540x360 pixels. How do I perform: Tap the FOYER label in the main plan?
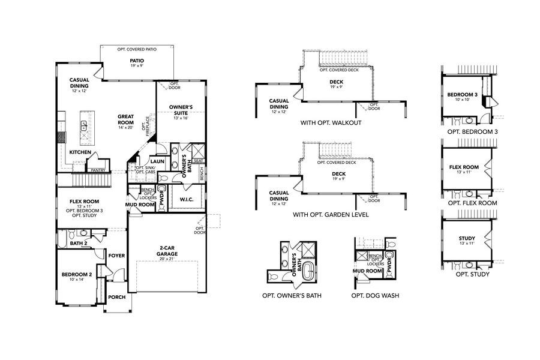point(116,256)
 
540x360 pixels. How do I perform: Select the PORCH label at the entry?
point(116,297)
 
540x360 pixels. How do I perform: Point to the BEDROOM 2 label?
point(77,274)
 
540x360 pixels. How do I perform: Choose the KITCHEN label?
point(80,152)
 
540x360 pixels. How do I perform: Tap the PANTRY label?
point(98,170)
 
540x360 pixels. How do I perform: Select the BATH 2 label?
point(79,243)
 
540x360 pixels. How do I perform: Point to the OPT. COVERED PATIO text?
point(137,49)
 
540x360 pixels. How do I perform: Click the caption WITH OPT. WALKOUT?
point(331,122)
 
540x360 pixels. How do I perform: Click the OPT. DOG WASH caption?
point(375,295)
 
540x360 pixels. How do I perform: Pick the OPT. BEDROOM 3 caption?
point(472,132)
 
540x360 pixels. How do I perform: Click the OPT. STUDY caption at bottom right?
point(472,274)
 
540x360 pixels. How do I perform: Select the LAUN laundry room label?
point(157,161)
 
